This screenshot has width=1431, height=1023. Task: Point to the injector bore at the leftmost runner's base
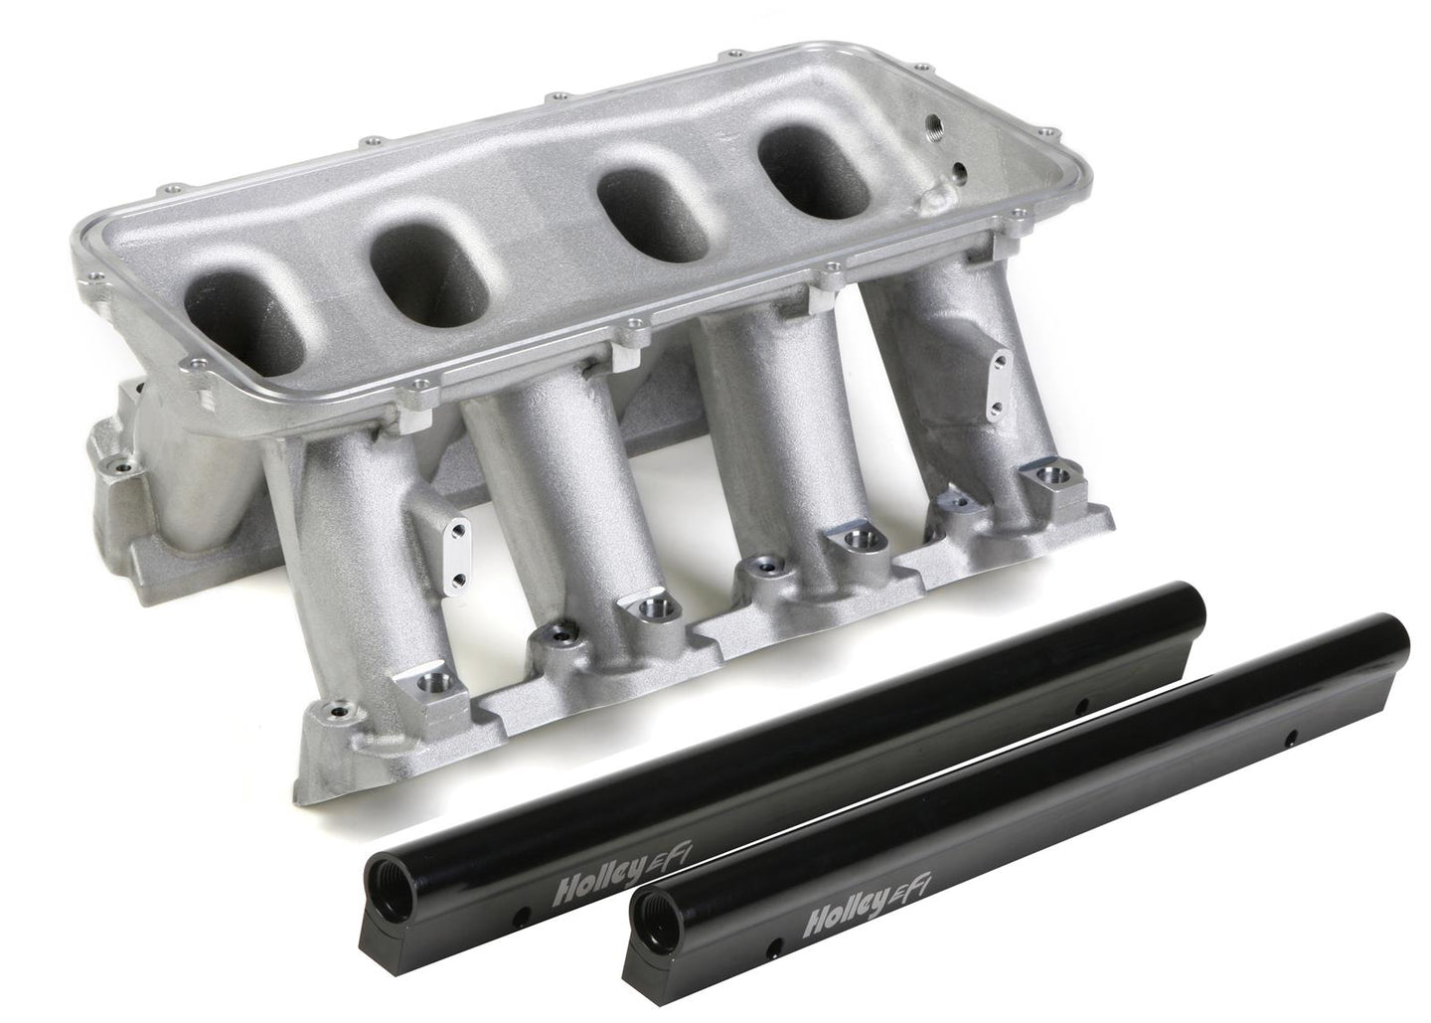tap(421, 681)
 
